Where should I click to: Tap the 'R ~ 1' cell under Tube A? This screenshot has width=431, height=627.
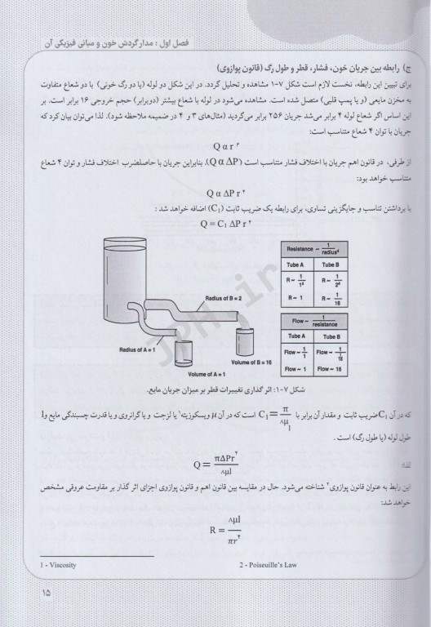pyautogui.click(x=294, y=300)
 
